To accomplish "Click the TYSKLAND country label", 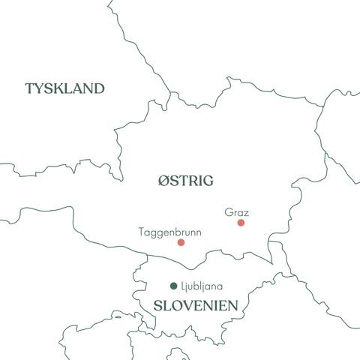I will tap(64, 88).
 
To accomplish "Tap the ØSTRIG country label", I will tap(186, 181).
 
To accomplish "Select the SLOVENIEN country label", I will tap(196, 306).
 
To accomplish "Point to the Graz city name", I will tap(236, 213).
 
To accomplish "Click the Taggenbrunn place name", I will tap(169, 232).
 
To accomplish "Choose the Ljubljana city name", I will tap(202, 286).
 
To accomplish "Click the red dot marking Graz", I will tap(241, 223).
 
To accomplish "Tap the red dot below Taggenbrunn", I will tap(181, 242).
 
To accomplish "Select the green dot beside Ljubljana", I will tap(174, 286).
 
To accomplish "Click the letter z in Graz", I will tap(246, 213).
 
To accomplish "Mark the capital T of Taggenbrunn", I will tap(142, 232).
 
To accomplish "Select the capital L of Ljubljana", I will tap(183, 286).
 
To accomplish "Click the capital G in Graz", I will tap(228, 213).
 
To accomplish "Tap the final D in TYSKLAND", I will tap(98, 88).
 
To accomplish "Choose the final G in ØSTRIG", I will tap(208, 181).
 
